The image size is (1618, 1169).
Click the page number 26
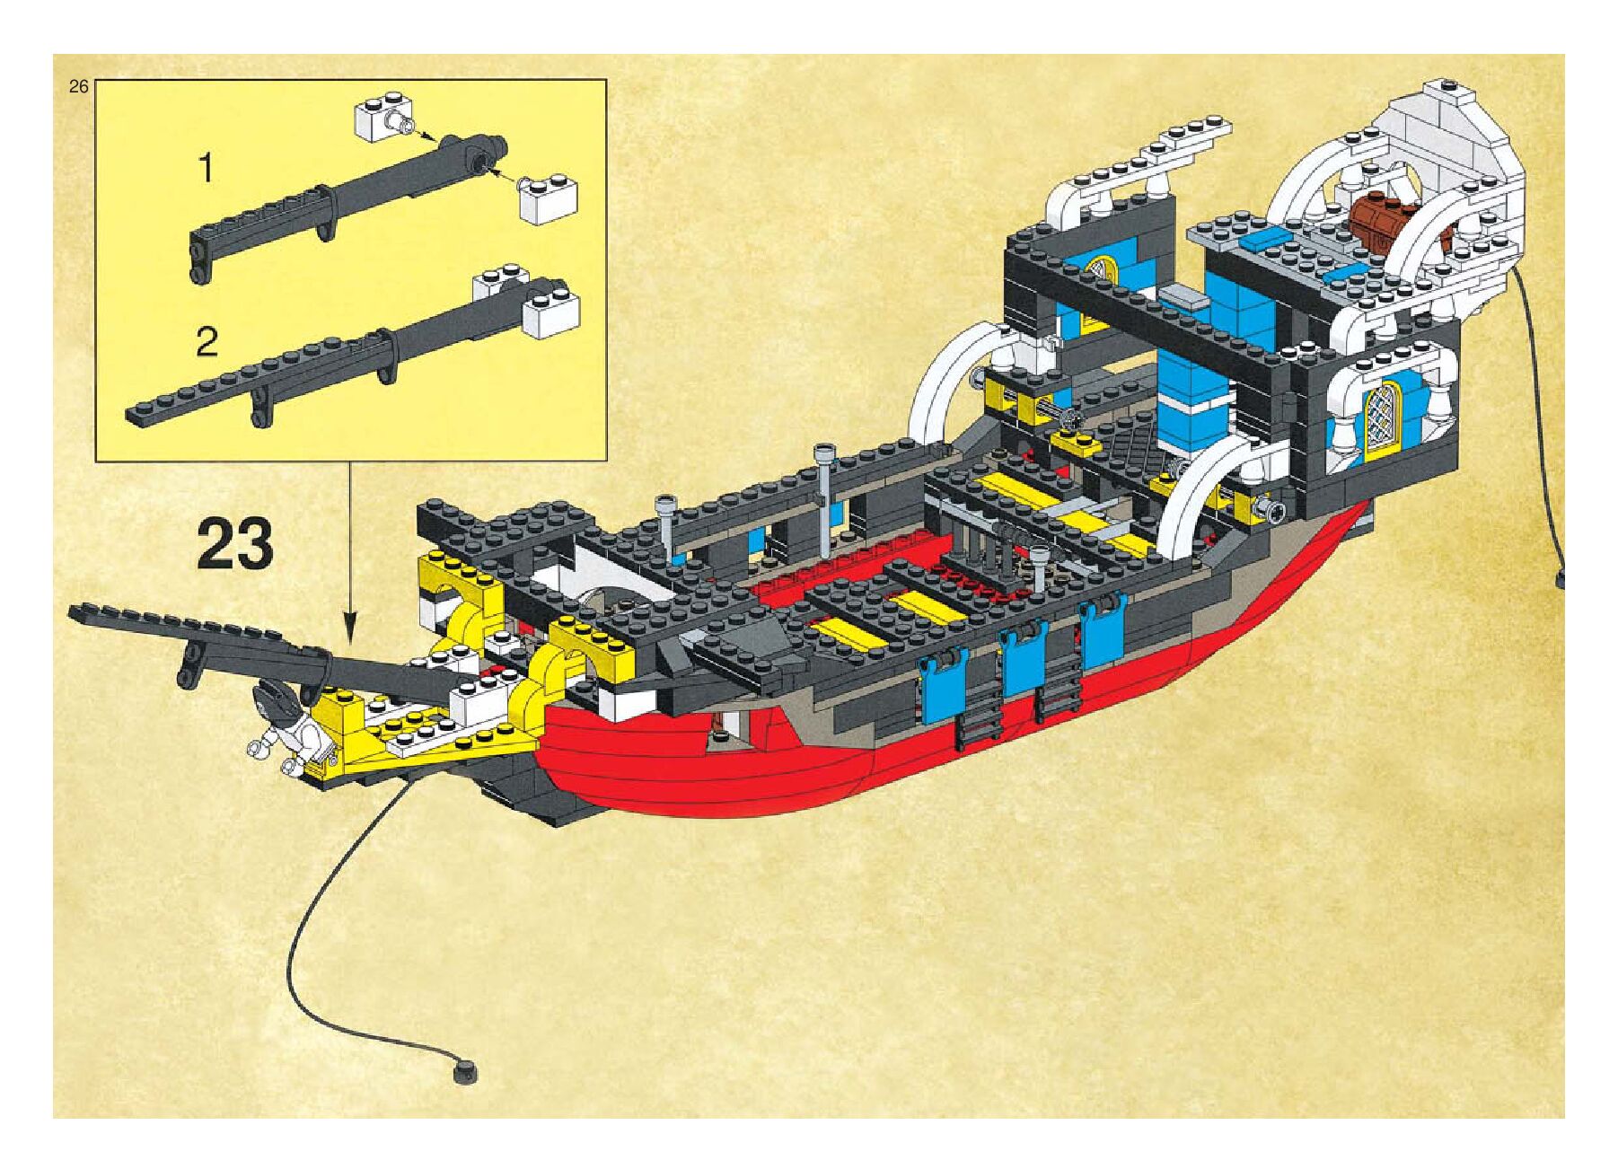(78, 87)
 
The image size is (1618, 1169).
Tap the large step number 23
(235, 545)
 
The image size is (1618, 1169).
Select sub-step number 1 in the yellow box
(207, 168)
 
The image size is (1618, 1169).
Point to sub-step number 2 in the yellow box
(207, 342)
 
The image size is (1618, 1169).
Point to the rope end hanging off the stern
(1563, 578)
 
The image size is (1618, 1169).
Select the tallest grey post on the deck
(822, 498)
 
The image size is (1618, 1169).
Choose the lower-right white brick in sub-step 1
(548, 201)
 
